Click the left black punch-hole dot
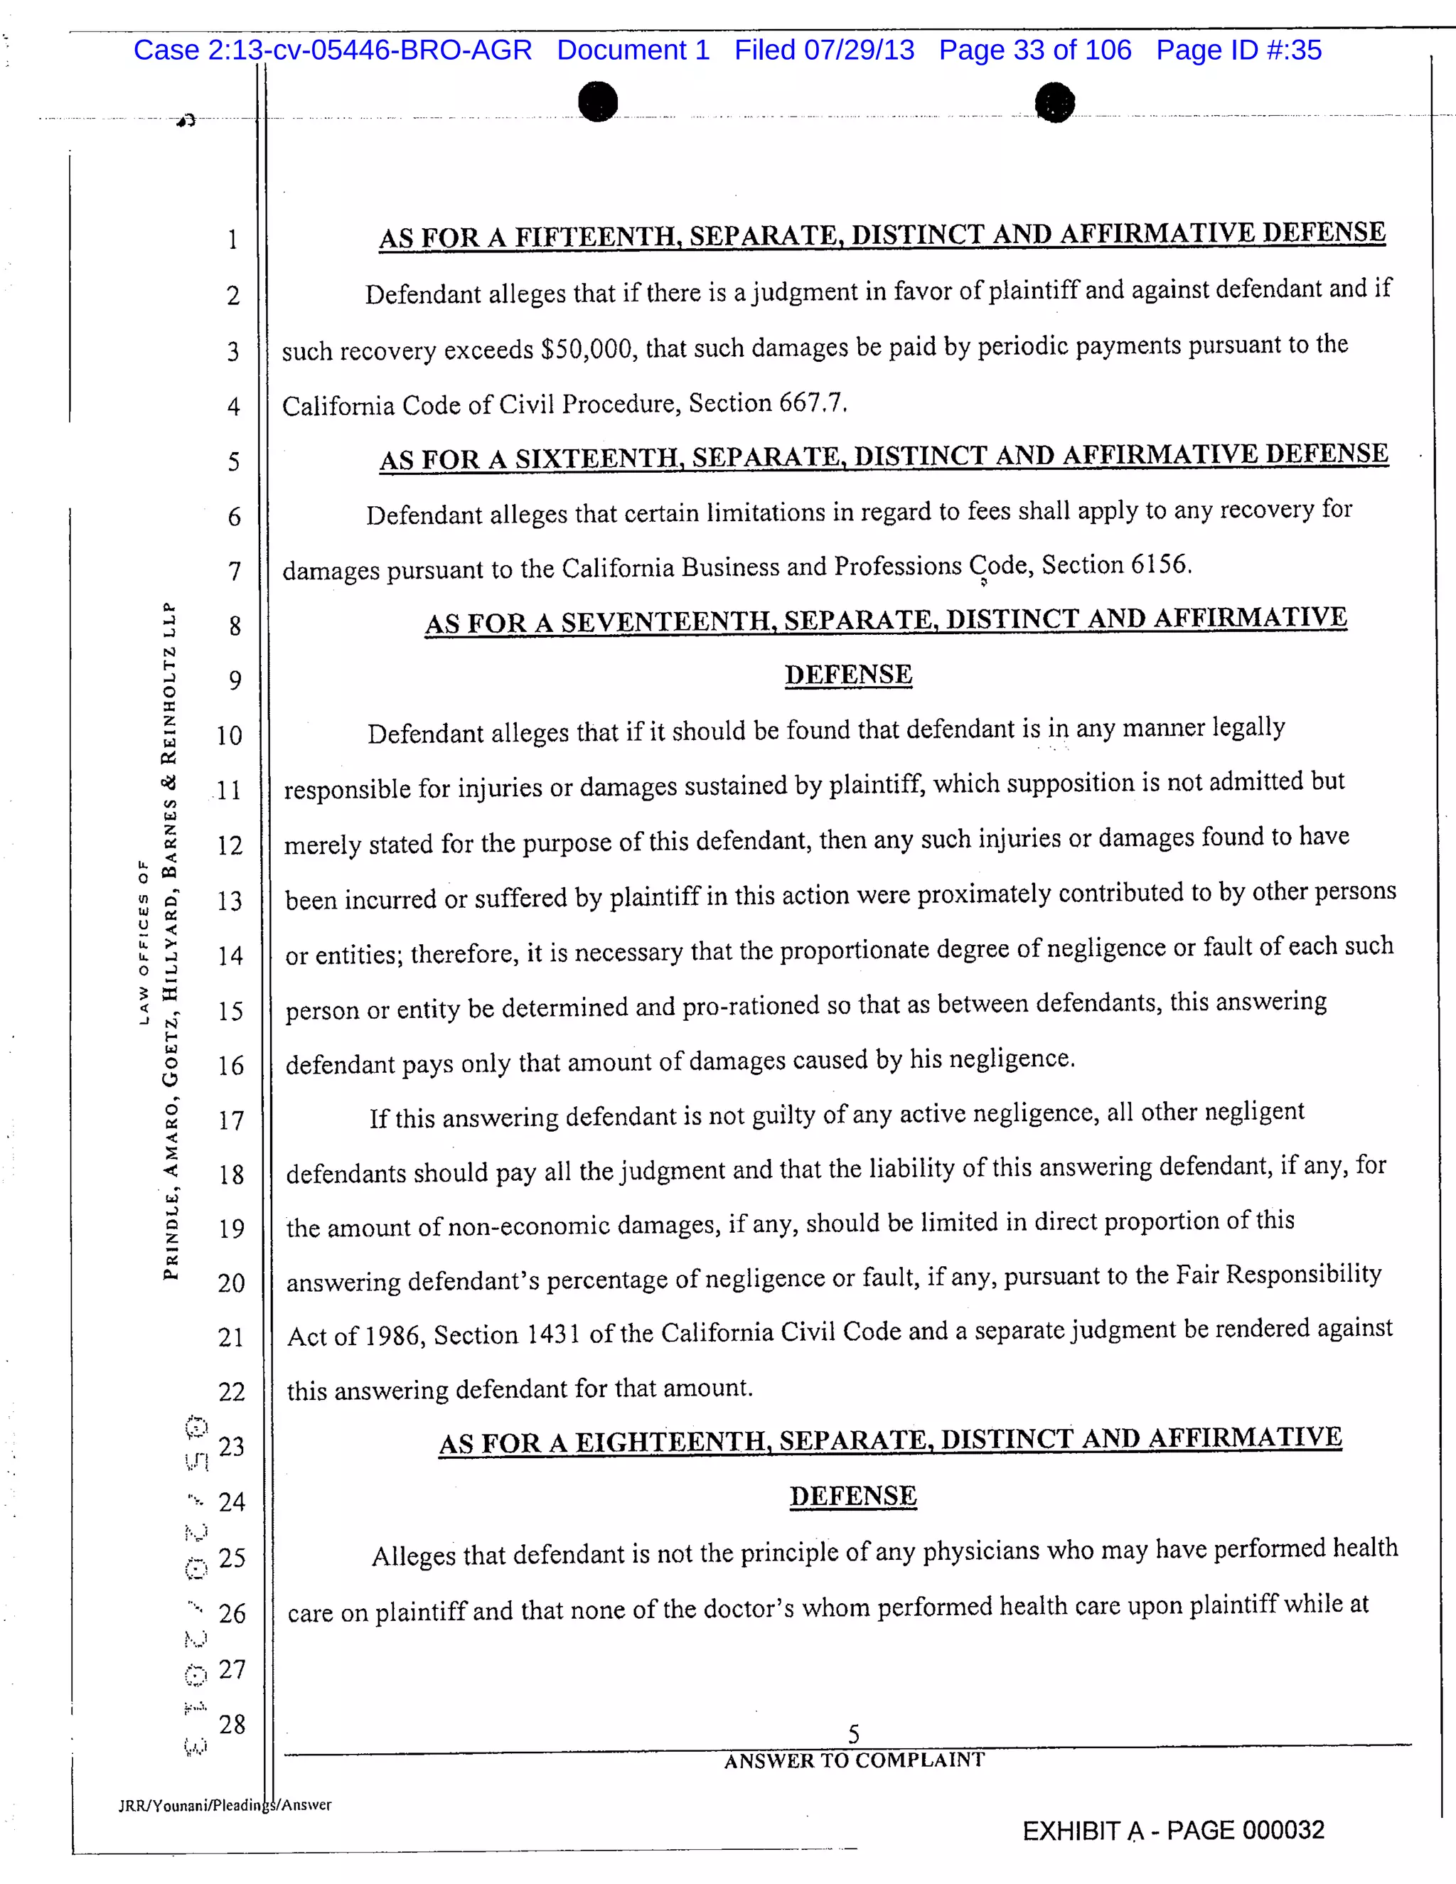(x=598, y=102)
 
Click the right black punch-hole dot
(x=1054, y=102)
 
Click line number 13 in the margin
(x=230, y=901)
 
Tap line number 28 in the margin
(x=231, y=1725)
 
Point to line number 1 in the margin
(x=232, y=240)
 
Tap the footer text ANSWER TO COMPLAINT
(x=854, y=1760)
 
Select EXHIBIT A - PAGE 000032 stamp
(x=1173, y=1831)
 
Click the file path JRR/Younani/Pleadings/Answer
(x=224, y=1804)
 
